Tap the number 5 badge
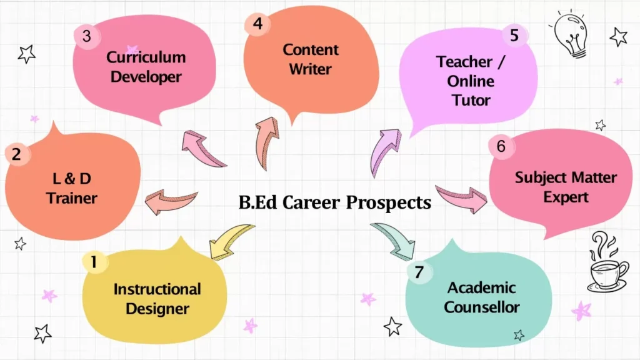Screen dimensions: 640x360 point(514,35)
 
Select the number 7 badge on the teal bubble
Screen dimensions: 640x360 point(419,272)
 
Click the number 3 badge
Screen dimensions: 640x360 point(86,36)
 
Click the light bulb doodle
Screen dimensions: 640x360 point(571,34)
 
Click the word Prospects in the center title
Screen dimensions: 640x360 point(389,203)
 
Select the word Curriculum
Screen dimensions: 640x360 point(146,57)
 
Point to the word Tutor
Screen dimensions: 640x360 point(471,100)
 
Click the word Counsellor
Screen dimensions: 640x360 point(482,307)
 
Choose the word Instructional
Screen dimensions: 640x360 point(157,289)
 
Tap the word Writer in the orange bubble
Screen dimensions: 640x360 point(310,69)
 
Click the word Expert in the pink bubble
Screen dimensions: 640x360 point(566,197)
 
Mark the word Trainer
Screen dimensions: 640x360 point(72,198)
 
